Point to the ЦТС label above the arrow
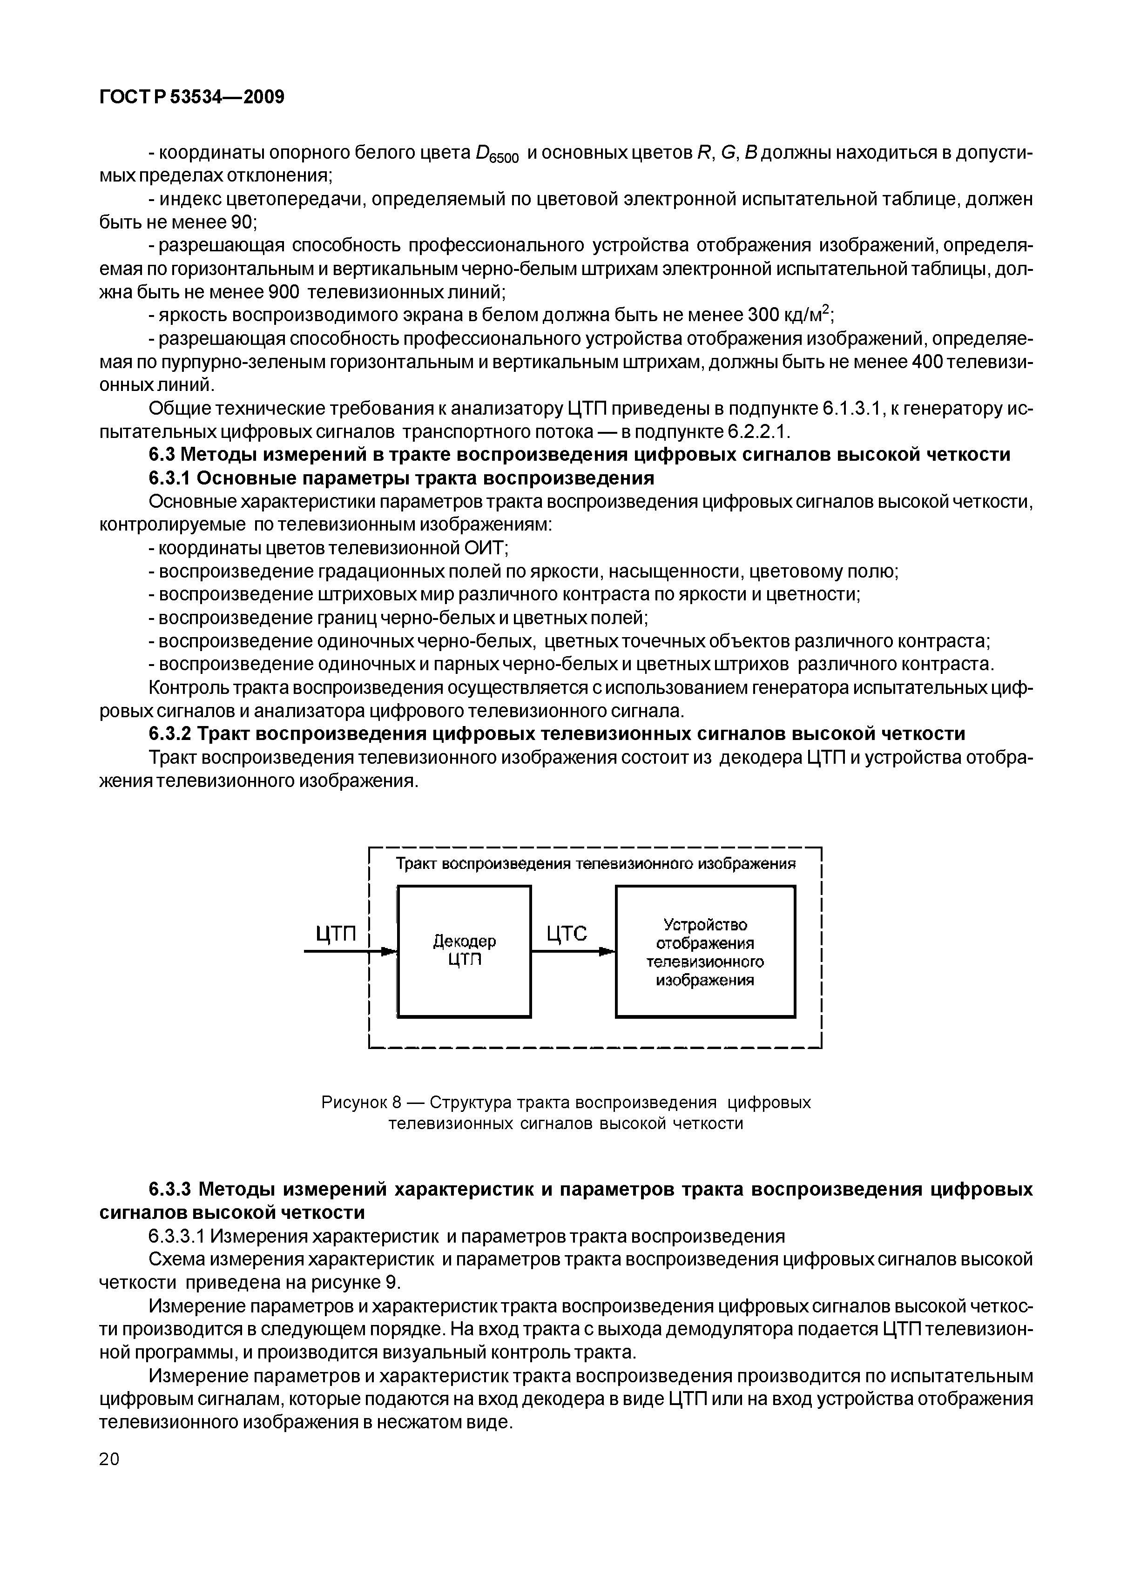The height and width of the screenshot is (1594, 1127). coord(567,934)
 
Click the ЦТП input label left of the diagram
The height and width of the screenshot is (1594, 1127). coord(336,934)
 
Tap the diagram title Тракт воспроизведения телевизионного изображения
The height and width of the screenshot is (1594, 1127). coord(594,864)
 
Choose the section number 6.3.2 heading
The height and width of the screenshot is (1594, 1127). coord(170,734)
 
